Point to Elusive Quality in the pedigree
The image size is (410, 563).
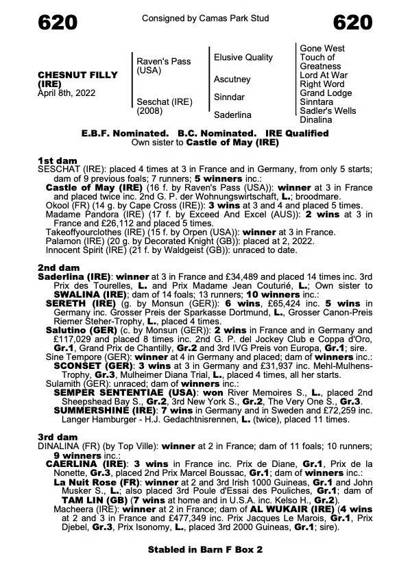coord(243,58)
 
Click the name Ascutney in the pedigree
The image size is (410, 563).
coord(232,80)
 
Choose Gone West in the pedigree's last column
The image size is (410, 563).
coord(323,49)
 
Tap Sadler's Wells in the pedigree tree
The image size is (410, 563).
coord(328,110)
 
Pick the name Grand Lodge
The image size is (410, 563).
coord(325,93)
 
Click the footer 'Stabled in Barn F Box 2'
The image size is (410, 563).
coord(204,549)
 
